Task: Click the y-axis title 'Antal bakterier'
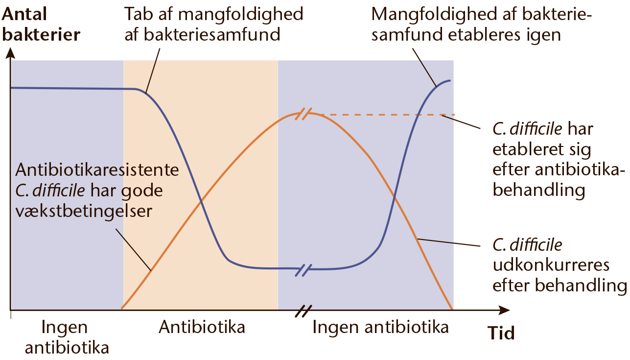[41, 24]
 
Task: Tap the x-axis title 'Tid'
[501, 333]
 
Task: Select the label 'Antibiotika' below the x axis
[202, 327]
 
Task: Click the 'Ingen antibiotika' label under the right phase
[380, 327]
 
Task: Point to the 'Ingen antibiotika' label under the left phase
[67, 337]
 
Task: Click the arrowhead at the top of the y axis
[10, 53]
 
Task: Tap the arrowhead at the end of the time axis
[504, 310]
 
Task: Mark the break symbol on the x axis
[303, 311]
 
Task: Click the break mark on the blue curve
[303, 270]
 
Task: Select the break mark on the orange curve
[303, 114]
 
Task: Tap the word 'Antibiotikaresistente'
[97, 170]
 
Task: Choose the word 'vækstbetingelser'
[84, 212]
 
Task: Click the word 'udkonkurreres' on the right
[551, 265]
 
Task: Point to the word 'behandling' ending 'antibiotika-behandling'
[539, 190]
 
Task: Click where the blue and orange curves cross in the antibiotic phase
[201, 201]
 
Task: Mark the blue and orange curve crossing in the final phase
[395, 197]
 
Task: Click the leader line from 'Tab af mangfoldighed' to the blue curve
[153, 71]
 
